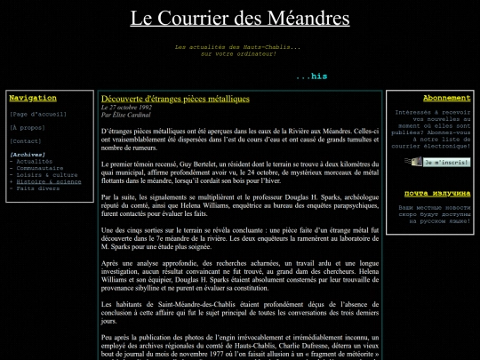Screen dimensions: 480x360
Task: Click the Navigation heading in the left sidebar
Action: click(x=33, y=98)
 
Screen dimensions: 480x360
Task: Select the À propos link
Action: click(x=27, y=127)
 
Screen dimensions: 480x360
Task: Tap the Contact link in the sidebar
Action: click(x=26, y=140)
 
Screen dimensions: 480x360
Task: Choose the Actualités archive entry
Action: click(x=34, y=161)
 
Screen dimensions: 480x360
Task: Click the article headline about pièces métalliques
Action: click(x=175, y=99)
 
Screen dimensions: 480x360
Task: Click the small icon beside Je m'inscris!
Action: click(x=412, y=163)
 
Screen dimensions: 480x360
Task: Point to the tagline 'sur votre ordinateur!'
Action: click(x=238, y=53)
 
